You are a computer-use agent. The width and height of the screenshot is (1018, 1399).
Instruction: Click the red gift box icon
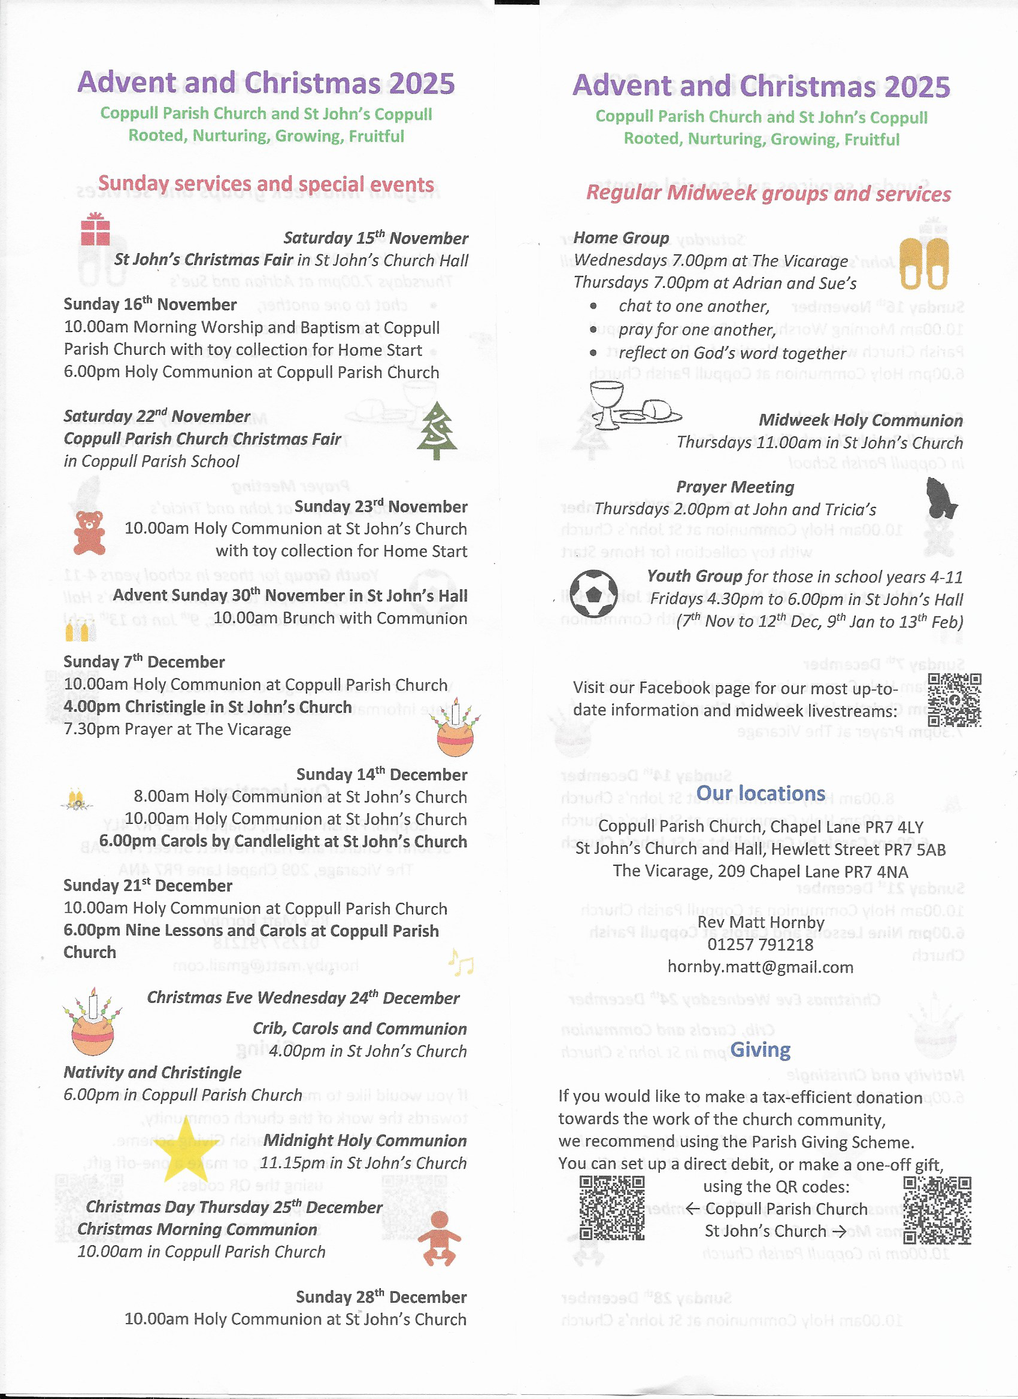[95, 229]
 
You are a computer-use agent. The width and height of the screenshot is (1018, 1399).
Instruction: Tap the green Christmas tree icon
[437, 431]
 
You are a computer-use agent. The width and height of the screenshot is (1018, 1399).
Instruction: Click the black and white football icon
[593, 593]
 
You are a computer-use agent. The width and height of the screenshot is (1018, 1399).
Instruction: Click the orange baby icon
[440, 1238]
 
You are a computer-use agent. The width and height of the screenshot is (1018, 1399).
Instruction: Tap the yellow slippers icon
[923, 264]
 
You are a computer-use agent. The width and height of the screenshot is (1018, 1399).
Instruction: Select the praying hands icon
[941, 498]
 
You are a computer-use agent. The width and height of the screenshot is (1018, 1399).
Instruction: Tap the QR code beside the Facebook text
[954, 699]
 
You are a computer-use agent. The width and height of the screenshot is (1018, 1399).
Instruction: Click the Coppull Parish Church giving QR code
[612, 1208]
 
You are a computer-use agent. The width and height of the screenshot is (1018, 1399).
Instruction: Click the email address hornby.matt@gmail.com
[760, 966]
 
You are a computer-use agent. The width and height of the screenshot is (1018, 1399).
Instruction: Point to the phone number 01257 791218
[760, 944]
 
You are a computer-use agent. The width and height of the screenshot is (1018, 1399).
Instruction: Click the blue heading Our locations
[760, 793]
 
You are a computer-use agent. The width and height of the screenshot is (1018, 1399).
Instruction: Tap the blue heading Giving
[760, 1050]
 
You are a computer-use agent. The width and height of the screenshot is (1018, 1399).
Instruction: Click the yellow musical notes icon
[460, 961]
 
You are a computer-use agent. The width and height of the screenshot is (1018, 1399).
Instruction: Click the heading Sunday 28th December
[381, 1297]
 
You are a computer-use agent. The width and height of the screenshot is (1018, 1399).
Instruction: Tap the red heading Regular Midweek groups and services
[768, 194]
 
